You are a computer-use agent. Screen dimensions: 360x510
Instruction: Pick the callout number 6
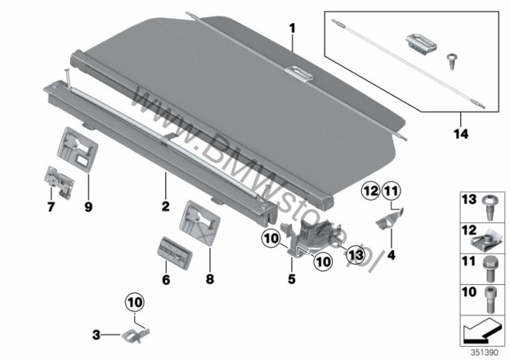coord(166,280)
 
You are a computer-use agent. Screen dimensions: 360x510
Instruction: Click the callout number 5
coord(292,280)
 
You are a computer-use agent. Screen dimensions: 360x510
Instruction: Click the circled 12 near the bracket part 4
coord(371,192)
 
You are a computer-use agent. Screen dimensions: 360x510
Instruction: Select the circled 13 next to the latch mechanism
coord(355,254)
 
